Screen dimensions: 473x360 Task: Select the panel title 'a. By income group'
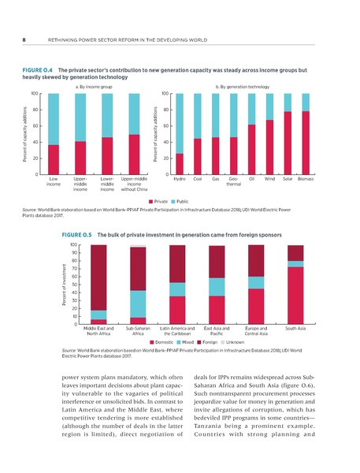point(92,87)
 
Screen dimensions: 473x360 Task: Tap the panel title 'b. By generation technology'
point(243,87)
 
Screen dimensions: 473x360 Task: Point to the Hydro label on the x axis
point(180,181)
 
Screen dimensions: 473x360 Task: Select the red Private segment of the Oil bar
point(251,150)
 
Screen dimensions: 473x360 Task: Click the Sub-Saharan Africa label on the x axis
point(137,332)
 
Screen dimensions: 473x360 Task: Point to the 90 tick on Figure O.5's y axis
point(73,253)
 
